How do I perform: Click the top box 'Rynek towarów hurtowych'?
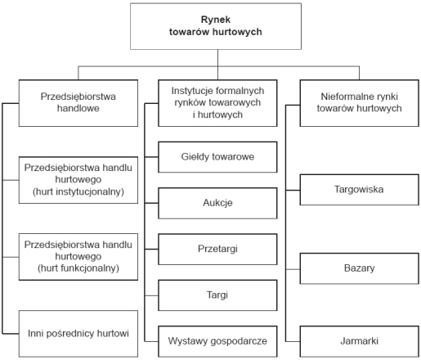(216, 26)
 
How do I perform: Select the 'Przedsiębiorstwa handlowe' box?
(78, 103)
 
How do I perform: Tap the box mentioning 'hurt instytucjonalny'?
(78, 180)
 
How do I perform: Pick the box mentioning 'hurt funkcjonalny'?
(78, 257)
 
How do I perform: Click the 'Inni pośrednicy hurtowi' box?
(78, 334)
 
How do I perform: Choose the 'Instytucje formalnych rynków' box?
(217, 103)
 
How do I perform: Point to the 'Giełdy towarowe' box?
(217, 157)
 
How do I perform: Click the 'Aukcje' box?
(217, 203)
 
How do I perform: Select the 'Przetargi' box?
(217, 249)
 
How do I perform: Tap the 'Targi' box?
(217, 295)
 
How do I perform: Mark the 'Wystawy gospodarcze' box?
(217, 341)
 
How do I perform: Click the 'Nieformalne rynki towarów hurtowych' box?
(360, 103)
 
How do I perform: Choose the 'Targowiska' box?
(360, 190)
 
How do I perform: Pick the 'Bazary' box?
(360, 268)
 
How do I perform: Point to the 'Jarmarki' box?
(360, 341)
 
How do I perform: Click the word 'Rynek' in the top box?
(216, 20)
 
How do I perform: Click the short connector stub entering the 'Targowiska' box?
(293, 190)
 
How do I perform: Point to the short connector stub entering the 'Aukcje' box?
(151, 203)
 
